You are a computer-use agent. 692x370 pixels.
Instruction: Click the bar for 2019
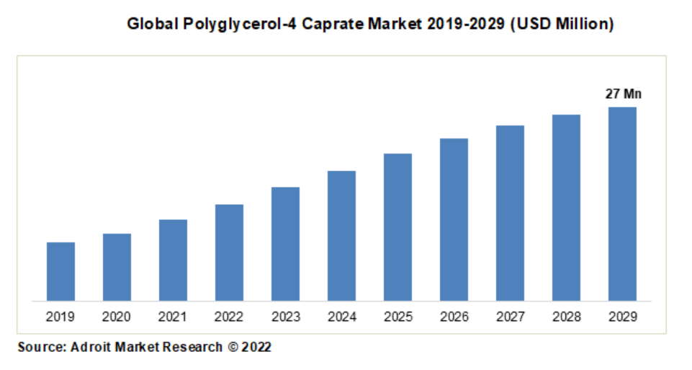pos(60,271)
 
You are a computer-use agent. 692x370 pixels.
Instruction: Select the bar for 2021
pos(173,260)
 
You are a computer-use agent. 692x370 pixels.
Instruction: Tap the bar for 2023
pos(285,244)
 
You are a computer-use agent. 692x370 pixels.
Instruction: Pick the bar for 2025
pos(397,227)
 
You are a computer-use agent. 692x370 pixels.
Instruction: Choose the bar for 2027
pos(510,213)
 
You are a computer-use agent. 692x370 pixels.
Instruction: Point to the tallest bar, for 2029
pos(622,203)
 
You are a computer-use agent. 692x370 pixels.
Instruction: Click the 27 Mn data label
pos(623,94)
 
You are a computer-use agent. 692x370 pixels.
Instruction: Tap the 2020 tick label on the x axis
pos(117,316)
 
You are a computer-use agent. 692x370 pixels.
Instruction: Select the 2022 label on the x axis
pos(229,316)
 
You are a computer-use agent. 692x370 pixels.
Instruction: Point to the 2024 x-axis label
pos(341,316)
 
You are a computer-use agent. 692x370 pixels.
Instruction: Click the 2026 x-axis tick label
pos(454,316)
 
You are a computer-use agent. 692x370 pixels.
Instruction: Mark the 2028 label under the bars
pos(566,316)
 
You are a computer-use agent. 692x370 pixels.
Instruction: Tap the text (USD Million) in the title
pos(562,25)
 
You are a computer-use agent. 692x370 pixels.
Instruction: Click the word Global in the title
pos(150,25)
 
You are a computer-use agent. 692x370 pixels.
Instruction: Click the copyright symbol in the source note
pos(232,347)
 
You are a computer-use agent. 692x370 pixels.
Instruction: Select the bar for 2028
pos(566,207)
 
